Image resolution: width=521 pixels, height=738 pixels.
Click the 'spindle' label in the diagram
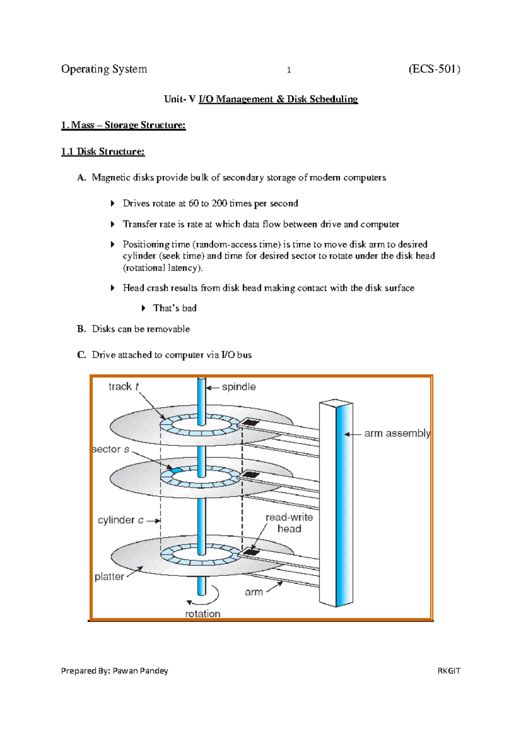tap(238, 387)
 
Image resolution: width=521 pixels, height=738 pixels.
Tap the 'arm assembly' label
tap(397, 433)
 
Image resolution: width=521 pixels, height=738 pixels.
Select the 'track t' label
tap(123, 386)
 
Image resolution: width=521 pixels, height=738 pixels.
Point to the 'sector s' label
tap(111, 449)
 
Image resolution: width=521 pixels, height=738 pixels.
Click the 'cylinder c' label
tap(120, 520)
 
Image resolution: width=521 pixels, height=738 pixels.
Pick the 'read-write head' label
tap(289, 523)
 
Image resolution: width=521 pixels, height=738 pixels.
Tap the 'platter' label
tap(109, 577)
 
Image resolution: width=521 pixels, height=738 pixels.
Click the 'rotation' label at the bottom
tap(203, 614)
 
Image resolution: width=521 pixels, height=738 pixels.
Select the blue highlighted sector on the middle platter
tap(176, 470)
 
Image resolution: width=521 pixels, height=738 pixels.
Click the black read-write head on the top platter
tap(251, 422)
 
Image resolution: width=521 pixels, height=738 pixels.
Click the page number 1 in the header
tap(289, 70)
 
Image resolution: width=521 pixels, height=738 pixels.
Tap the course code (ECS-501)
tap(434, 69)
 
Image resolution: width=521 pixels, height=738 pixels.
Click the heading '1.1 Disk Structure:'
tap(103, 151)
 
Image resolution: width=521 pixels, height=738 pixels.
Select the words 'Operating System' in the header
tap(104, 69)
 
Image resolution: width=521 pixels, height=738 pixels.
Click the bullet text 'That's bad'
tap(175, 308)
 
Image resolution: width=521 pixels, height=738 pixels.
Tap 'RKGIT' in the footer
tap(448, 671)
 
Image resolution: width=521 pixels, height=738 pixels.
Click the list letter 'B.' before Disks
tap(82, 329)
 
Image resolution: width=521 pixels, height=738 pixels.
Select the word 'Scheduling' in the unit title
tap(334, 99)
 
